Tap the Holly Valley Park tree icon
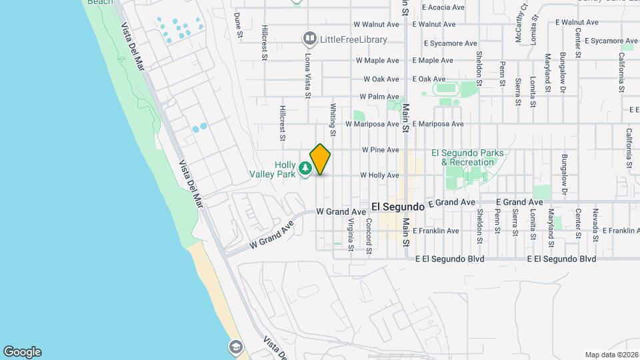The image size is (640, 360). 305,169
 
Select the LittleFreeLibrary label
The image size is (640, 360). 344,39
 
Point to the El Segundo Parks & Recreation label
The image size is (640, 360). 467,157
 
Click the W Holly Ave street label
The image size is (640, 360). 379,175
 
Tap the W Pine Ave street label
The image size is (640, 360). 381,150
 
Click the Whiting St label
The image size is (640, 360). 332,116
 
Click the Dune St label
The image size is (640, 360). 237,24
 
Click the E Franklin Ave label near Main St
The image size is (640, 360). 436,231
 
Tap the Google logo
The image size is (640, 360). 22,352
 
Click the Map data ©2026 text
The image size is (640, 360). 611,355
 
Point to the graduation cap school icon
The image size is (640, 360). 235,347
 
